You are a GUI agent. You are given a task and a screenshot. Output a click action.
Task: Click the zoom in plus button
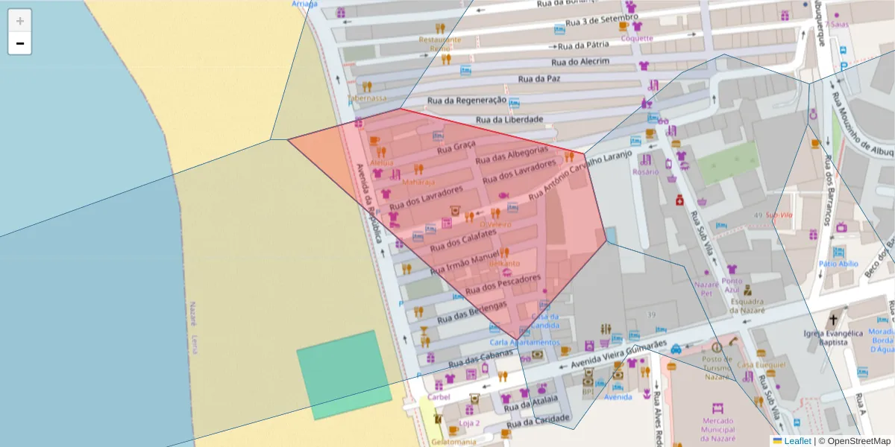pos(20,21)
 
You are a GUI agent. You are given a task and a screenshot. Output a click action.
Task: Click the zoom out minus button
pos(20,43)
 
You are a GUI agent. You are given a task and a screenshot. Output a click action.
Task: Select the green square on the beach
pos(344,375)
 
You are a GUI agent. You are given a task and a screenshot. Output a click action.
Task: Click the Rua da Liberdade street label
pos(509,118)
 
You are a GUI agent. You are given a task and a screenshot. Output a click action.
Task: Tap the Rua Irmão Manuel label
pos(463,261)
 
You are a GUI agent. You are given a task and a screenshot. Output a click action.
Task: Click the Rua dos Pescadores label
pos(502,284)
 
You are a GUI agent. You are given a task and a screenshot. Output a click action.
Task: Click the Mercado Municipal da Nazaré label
pos(717,428)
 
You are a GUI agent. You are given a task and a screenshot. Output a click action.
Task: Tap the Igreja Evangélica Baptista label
pos(833,337)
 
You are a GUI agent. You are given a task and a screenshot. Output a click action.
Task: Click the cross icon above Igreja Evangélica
pos(833,318)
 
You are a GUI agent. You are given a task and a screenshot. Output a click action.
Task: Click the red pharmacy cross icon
pos(679,200)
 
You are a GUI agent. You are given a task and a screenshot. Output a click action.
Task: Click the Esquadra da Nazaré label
pos(748,306)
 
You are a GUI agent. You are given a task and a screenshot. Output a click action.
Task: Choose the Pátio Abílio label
pos(838,264)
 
